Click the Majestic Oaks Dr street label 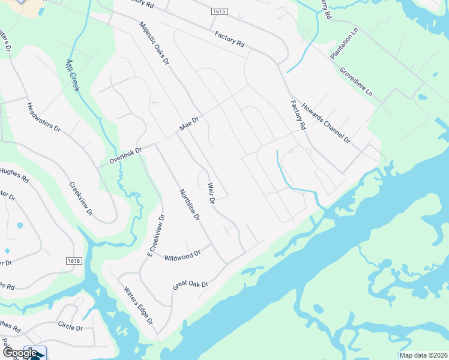tap(154, 44)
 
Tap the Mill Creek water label tap(73, 75)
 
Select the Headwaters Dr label tap(44, 118)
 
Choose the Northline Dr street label tap(189, 205)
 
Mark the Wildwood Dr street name tap(182, 256)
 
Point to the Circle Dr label tap(70, 327)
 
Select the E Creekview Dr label tap(155, 236)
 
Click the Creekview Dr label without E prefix tap(81, 199)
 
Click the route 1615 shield tap(219, 11)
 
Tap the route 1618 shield tap(73, 260)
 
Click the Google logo tap(20, 353)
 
